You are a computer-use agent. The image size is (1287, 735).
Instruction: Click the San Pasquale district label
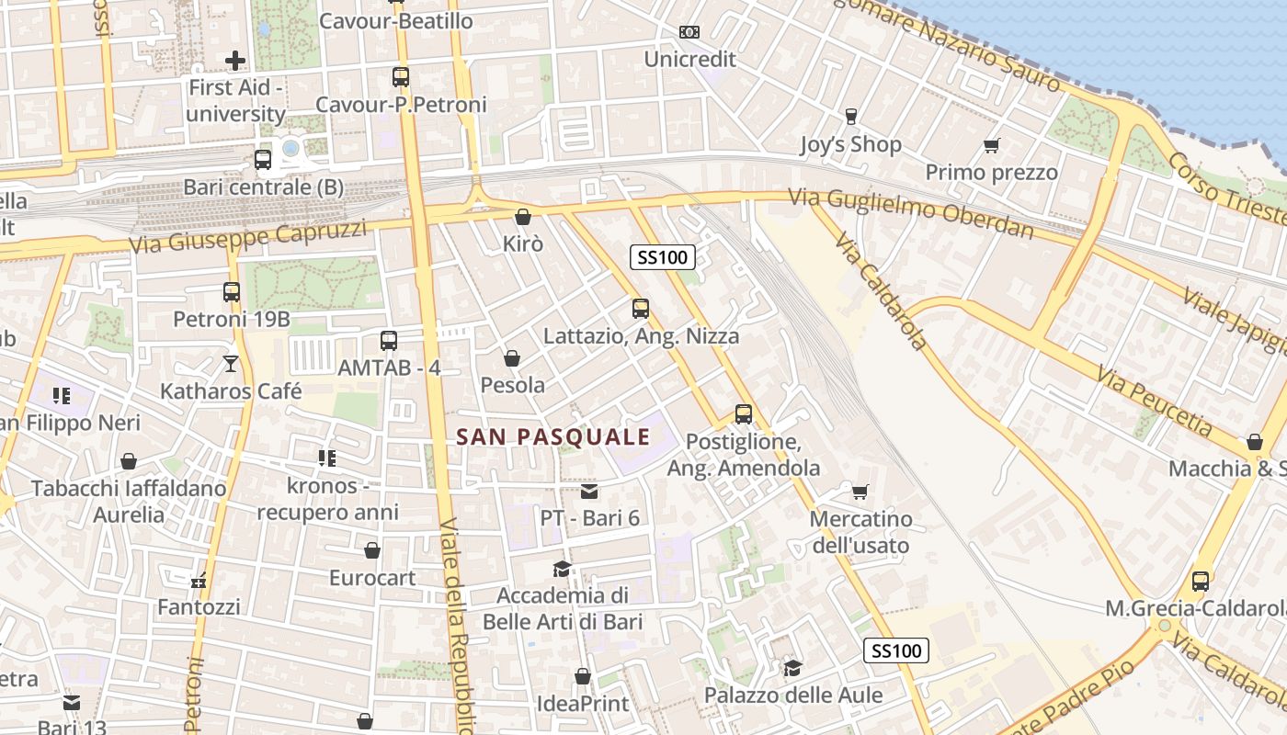pos(553,437)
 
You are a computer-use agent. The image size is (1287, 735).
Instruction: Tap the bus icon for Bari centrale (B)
pos(263,160)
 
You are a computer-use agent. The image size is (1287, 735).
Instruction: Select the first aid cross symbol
pos(235,61)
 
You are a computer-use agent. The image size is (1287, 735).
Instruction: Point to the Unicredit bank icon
pos(689,32)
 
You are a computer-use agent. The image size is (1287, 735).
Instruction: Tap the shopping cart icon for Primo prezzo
pos(991,145)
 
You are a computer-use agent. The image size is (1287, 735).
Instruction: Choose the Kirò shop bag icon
pos(523,217)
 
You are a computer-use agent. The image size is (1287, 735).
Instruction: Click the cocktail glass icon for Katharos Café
pos(231,364)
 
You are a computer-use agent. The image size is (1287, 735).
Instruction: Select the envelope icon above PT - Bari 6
pos(589,492)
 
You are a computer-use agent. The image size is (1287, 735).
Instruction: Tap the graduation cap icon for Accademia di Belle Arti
pos(562,569)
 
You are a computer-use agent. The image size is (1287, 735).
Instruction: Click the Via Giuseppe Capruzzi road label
pos(247,237)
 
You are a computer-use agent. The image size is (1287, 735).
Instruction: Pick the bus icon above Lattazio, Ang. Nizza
pos(641,309)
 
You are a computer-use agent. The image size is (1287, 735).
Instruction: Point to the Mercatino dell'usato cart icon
pos(860,492)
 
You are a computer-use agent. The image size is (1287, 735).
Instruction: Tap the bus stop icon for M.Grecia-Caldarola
pos(1201,581)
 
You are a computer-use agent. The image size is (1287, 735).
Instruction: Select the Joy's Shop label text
pos(850,144)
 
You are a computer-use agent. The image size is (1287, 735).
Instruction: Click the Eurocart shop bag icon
pos(372,550)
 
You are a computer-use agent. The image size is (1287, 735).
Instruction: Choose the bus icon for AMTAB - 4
pos(389,341)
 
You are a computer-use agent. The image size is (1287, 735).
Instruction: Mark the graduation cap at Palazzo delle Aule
pos(792,668)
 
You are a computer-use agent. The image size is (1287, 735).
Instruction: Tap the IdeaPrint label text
pos(583,704)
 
